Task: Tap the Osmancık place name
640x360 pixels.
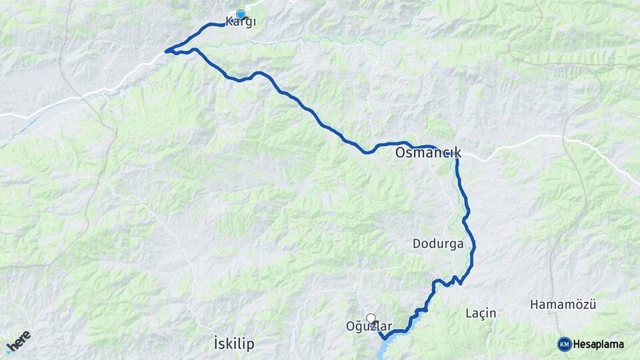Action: (427, 153)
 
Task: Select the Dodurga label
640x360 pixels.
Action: (438, 244)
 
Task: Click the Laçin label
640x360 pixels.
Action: (481, 313)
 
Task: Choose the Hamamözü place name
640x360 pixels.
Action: (563, 305)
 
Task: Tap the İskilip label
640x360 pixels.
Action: (235, 344)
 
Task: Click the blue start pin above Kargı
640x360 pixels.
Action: (241, 14)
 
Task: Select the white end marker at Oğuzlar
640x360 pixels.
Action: (371, 319)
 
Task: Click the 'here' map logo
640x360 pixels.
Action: (20, 338)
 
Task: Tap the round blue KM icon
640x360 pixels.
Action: (565, 344)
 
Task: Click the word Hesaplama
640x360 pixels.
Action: (598, 345)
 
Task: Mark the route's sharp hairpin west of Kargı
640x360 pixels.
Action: (167, 50)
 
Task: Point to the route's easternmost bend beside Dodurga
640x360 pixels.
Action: (474, 249)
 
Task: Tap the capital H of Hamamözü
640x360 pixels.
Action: (534, 305)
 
